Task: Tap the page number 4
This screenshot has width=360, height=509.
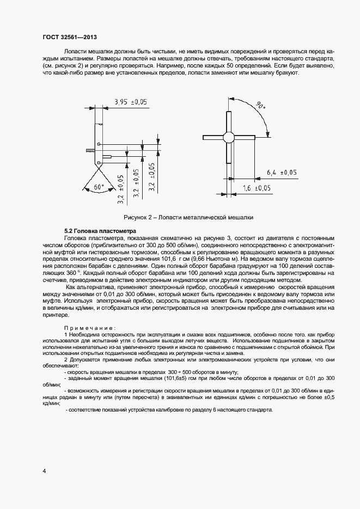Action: click(44, 470)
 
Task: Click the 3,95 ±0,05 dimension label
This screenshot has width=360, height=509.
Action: click(131, 102)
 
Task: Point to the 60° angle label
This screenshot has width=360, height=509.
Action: click(99, 187)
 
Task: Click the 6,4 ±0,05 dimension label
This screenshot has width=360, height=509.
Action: click(281, 172)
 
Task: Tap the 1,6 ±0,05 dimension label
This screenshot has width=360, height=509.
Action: click(255, 188)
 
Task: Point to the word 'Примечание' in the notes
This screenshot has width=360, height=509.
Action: click(89, 328)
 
